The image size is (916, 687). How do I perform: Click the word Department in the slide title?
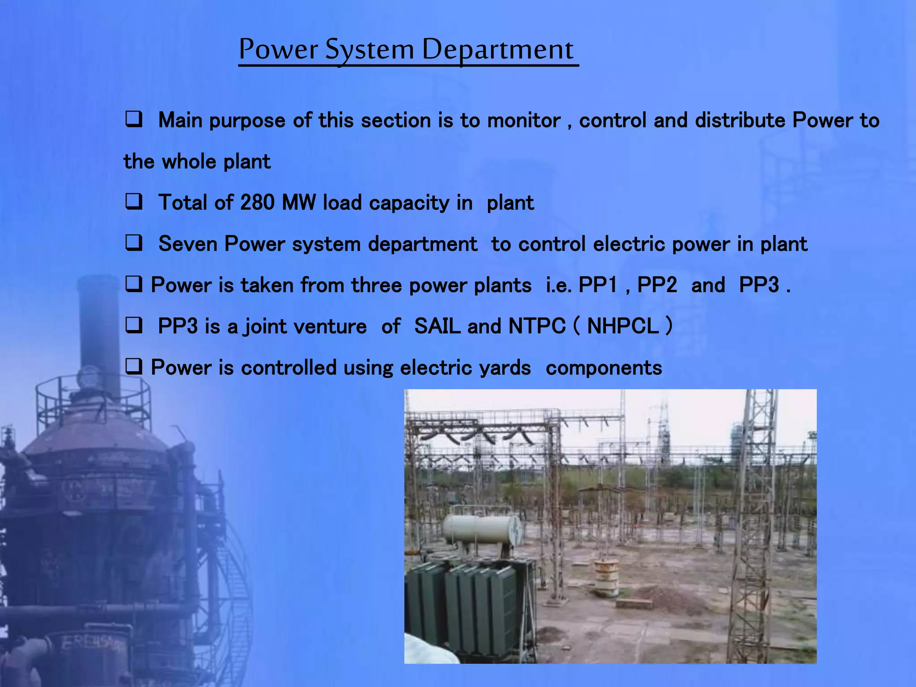click(497, 49)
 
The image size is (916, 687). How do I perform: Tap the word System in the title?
click(369, 49)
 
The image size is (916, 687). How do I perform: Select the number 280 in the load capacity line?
click(257, 203)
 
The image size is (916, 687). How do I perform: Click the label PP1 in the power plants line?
click(598, 285)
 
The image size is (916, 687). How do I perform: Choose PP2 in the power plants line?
click(657, 285)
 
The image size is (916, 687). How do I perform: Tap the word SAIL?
click(437, 326)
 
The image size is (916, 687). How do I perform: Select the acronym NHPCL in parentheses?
click(623, 326)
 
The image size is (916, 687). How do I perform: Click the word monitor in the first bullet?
click(523, 121)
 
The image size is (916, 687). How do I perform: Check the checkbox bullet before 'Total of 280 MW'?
click(133, 202)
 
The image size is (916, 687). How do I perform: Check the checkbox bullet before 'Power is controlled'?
click(133, 367)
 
